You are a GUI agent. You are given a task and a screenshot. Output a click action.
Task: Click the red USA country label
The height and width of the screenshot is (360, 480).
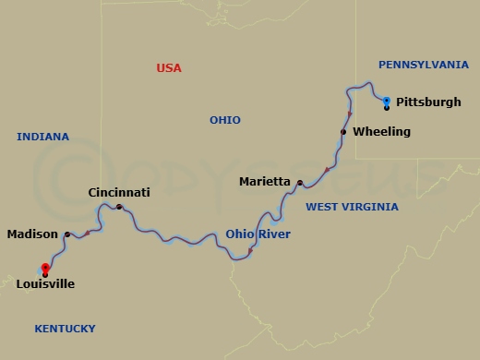pyautogui.click(x=169, y=68)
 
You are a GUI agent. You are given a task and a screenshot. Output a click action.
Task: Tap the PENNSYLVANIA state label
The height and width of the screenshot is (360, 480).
pyautogui.click(x=424, y=65)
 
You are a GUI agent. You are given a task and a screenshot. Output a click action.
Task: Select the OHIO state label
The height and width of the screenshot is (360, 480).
pyautogui.click(x=224, y=120)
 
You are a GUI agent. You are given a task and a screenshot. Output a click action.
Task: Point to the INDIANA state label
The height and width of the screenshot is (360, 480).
pyautogui.click(x=42, y=137)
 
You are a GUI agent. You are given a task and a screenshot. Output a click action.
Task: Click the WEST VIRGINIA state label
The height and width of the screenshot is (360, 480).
pyautogui.click(x=352, y=207)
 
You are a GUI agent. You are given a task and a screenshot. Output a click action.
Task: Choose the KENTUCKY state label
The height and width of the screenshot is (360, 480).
pyautogui.click(x=65, y=329)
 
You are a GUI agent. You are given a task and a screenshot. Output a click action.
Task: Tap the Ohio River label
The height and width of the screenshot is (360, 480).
pyautogui.click(x=258, y=234)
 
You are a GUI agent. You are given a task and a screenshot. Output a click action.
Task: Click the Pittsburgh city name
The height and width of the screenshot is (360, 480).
pyautogui.click(x=428, y=102)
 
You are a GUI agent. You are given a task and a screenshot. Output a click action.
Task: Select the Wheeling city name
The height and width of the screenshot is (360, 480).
pyautogui.click(x=381, y=132)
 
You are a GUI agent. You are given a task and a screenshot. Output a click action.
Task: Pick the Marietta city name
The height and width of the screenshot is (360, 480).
pyautogui.click(x=265, y=182)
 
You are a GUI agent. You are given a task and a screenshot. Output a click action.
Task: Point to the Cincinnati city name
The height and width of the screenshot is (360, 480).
pyautogui.click(x=118, y=193)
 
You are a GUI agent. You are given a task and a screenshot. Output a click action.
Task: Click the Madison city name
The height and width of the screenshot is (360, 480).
pyautogui.click(x=32, y=234)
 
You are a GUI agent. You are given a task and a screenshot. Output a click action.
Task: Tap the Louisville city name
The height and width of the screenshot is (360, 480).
pyautogui.click(x=45, y=284)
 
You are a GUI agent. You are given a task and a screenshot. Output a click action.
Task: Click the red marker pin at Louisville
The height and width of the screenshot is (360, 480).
pyautogui.click(x=45, y=269)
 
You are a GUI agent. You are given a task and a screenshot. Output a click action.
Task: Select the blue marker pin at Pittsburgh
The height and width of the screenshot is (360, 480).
pyautogui.click(x=386, y=101)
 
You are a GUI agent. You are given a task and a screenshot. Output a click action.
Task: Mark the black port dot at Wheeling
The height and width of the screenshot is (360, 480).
pyautogui.click(x=343, y=132)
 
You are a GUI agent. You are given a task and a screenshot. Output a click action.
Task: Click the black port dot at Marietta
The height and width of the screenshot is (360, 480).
pyautogui.click(x=300, y=183)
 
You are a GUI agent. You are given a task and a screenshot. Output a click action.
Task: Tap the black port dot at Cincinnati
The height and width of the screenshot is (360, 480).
pyautogui.click(x=119, y=207)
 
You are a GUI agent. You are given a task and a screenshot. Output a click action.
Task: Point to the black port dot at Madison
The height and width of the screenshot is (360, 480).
pyautogui.click(x=66, y=234)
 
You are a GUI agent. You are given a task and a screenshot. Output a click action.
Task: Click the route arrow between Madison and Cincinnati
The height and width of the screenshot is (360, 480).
pyautogui.click(x=88, y=232)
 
